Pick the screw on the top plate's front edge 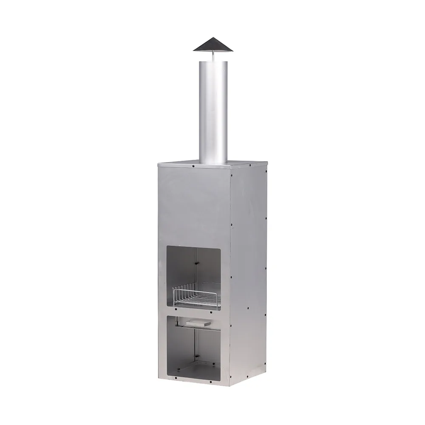tap(194, 166)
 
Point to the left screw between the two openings tap(176, 309)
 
